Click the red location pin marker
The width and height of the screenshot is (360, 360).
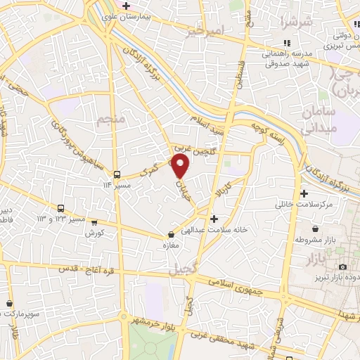(181, 166)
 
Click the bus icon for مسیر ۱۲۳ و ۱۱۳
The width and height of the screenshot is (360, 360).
(61, 209)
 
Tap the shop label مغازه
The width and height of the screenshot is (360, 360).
(172, 245)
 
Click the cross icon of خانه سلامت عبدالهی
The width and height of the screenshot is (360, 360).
(214, 219)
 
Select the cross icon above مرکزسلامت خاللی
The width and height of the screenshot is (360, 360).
(303, 193)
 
